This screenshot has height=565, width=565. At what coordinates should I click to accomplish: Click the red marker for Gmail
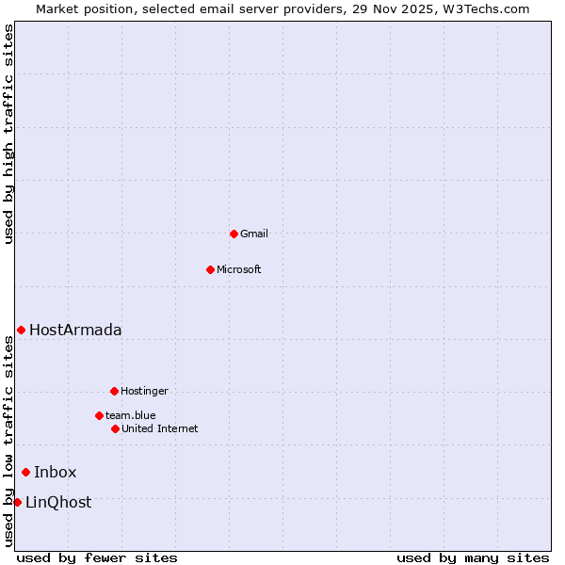coord(234,234)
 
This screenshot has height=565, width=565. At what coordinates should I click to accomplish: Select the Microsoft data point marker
coord(210,269)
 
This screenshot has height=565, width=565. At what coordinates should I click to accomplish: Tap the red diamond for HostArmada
coord(21,330)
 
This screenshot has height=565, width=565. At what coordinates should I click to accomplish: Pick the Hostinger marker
coord(114,391)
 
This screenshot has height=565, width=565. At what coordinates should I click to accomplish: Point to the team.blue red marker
coord(99,415)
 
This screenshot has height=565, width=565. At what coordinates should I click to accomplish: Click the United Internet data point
coord(115,428)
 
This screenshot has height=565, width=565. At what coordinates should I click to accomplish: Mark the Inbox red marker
coord(25,472)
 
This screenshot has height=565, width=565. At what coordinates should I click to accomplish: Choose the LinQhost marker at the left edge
coord(17,502)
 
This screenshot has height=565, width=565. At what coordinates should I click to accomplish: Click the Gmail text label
coord(254,234)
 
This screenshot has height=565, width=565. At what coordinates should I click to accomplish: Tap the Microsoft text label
coord(239,269)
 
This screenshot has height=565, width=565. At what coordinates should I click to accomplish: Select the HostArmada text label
coord(75,330)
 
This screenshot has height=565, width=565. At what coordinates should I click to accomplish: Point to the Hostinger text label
coord(144,391)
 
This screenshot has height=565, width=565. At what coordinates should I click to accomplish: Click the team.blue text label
coord(131,415)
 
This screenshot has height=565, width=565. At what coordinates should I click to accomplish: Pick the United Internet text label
coord(160,428)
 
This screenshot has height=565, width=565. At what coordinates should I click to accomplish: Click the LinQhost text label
coord(58,502)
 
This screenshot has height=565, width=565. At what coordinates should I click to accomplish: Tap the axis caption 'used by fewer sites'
coord(97,557)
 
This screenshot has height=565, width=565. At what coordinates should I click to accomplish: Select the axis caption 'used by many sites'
coord(473,557)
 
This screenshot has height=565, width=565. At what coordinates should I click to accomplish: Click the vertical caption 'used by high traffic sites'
coord(8,134)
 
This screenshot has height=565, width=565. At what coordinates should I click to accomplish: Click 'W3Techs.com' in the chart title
coord(491,8)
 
